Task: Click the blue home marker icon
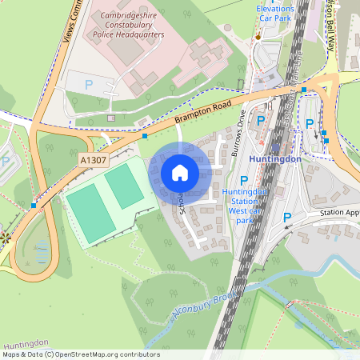click(180, 173)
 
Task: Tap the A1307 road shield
click(92, 161)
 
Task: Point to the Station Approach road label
click(340, 214)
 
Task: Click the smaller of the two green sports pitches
click(124, 185)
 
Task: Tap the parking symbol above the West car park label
click(244, 181)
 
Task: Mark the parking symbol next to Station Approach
click(286, 218)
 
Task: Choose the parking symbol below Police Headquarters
click(89, 84)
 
